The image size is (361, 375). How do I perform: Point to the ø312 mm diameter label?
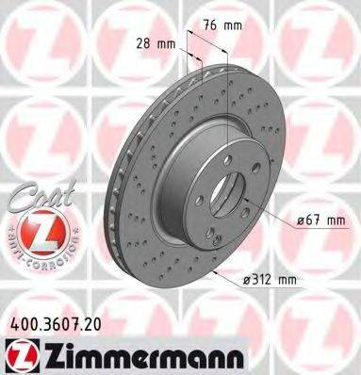pos(267,281)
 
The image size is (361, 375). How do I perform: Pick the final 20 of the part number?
pos(101,320)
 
